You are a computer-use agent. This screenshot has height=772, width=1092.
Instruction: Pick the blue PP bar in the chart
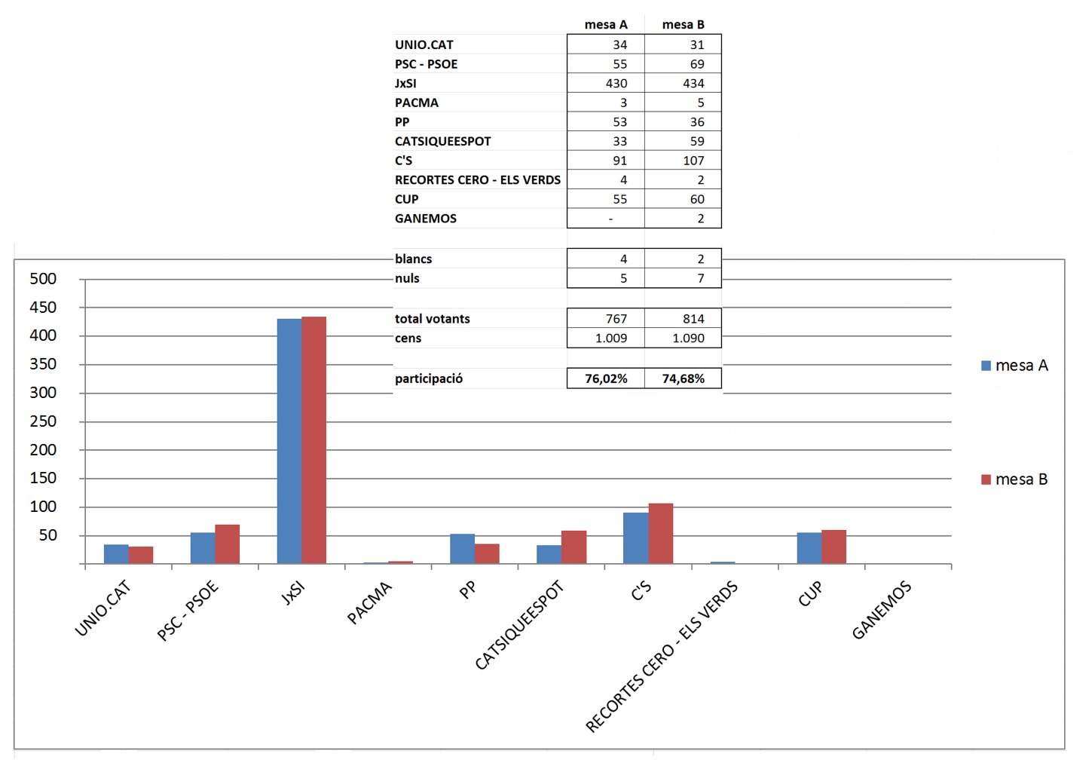click(462, 549)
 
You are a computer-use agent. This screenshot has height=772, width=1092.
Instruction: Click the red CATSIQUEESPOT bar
click(574, 547)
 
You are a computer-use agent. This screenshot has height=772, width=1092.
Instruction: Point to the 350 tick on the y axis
click(43, 364)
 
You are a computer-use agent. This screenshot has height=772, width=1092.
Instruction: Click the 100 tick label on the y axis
click(43, 507)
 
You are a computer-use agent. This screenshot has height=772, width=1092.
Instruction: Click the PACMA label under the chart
click(369, 603)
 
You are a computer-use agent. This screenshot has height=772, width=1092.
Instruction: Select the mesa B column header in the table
click(683, 25)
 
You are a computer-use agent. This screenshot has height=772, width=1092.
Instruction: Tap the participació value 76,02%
click(606, 378)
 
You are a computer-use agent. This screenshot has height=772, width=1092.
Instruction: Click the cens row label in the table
click(408, 339)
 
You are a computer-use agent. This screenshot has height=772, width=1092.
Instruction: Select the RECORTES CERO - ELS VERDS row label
click(478, 180)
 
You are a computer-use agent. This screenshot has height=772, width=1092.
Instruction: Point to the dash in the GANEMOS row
click(610, 219)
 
